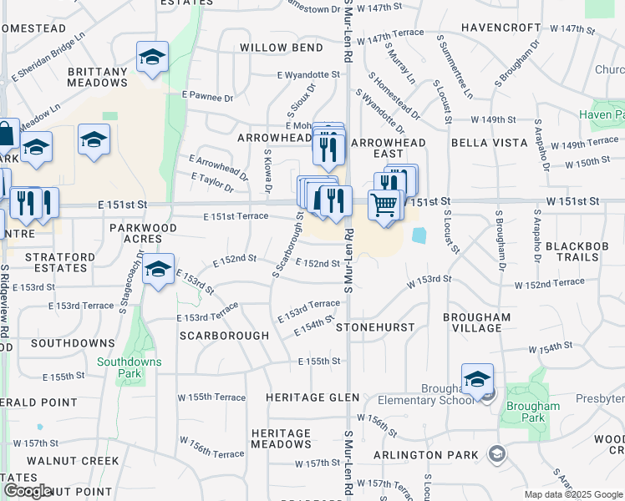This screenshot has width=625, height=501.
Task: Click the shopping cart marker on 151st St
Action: coord(384,203)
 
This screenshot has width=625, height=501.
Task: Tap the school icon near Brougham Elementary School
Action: coord(477,380)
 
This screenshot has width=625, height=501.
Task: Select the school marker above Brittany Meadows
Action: coord(152,58)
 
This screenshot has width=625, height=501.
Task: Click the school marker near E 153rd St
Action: coord(158,270)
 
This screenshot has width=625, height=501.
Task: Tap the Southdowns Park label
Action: coord(130,367)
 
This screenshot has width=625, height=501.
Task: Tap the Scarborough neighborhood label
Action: coord(224,336)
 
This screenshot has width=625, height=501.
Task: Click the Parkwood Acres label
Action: coord(144,233)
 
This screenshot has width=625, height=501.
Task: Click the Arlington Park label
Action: coord(425,455)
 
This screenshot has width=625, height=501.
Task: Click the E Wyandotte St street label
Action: coord(309,75)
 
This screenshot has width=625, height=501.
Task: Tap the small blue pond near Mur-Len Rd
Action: coord(419,236)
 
